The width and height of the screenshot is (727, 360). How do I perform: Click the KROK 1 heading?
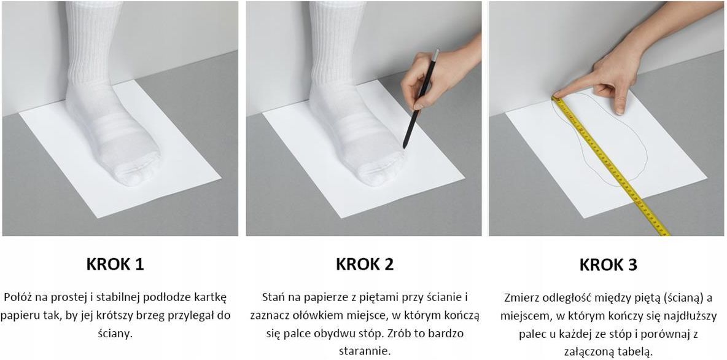click(x=115, y=264)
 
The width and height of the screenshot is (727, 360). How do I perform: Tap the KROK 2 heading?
click(x=365, y=264)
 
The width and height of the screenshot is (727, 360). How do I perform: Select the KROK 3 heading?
click(x=608, y=264)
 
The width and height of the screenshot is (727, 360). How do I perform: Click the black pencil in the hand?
click(x=421, y=99)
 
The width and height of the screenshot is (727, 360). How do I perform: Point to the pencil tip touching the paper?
click(x=404, y=147)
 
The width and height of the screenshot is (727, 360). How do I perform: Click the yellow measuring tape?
click(x=610, y=165)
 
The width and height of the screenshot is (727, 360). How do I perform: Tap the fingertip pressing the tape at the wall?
click(x=557, y=96)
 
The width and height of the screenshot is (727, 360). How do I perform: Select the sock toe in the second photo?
click(x=379, y=171)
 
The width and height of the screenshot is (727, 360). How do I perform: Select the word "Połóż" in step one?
click(x=17, y=297)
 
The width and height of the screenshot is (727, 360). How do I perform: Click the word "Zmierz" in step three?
click(x=520, y=297)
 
